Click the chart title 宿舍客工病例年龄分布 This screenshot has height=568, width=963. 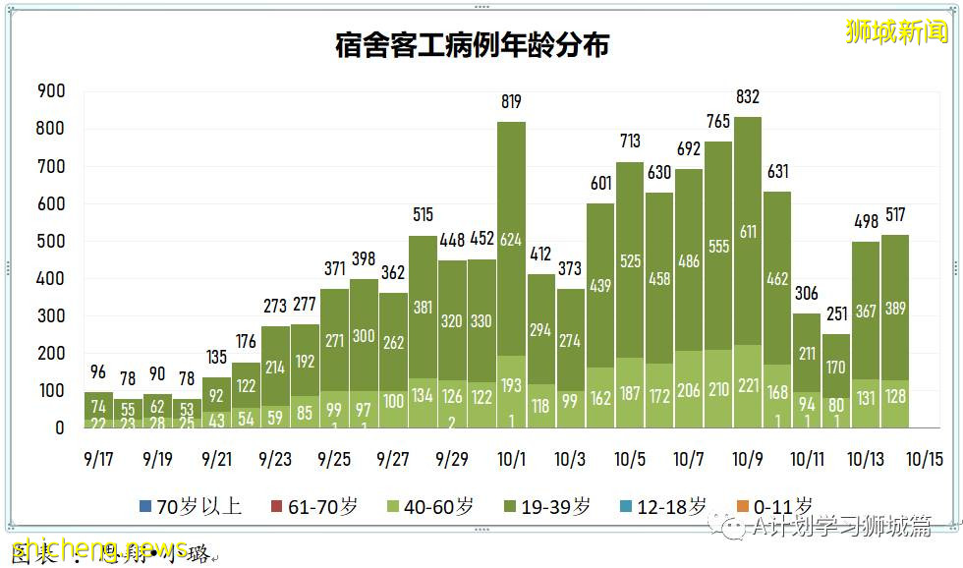(472, 45)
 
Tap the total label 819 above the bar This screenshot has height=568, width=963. (510, 101)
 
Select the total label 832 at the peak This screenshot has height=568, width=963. (748, 96)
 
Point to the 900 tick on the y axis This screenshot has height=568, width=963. (50, 91)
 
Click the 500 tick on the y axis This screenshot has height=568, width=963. (50, 242)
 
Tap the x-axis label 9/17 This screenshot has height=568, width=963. (98, 459)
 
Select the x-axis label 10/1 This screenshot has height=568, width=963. (510, 459)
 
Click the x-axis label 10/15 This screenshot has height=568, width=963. (923, 459)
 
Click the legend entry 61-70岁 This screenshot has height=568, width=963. (314, 507)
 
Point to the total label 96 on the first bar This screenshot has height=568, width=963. (98, 371)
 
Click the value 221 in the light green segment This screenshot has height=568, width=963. (748, 389)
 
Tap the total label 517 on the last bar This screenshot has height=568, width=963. (895, 214)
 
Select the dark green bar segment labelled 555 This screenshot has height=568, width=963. (718, 246)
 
